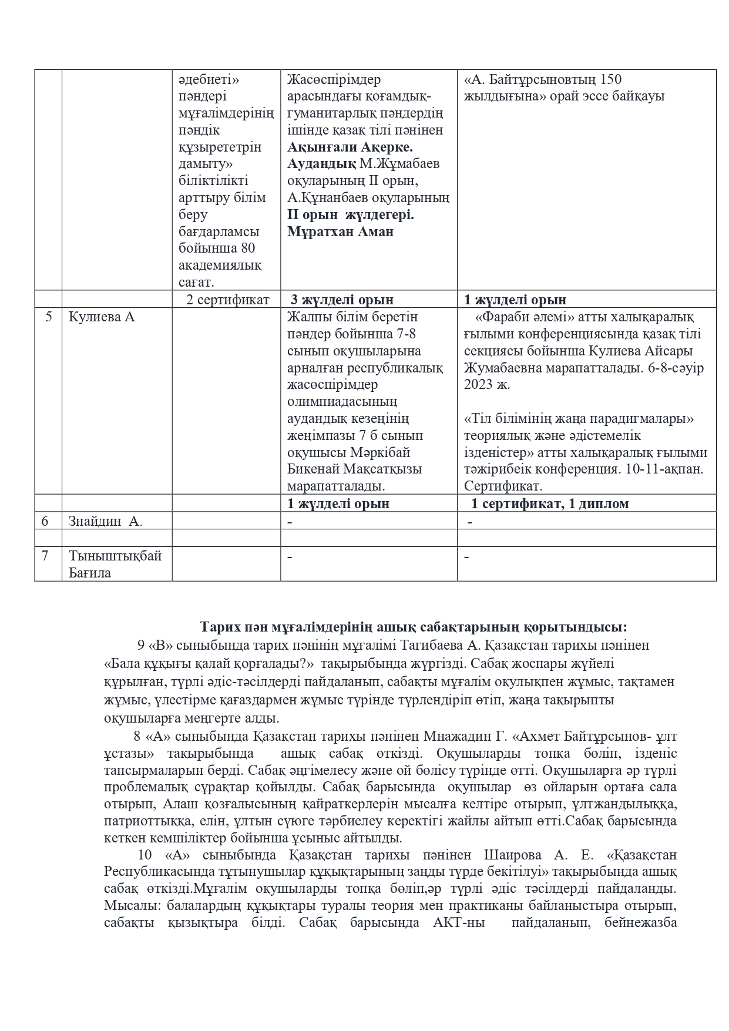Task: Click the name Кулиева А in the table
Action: (102, 317)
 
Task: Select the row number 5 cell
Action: (48, 317)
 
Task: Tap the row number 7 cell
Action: (45, 556)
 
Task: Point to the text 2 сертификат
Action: (227, 300)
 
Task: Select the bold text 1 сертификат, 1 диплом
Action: (550, 503)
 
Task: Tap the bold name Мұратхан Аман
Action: (341, 232)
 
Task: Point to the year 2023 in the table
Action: (479, 385)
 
